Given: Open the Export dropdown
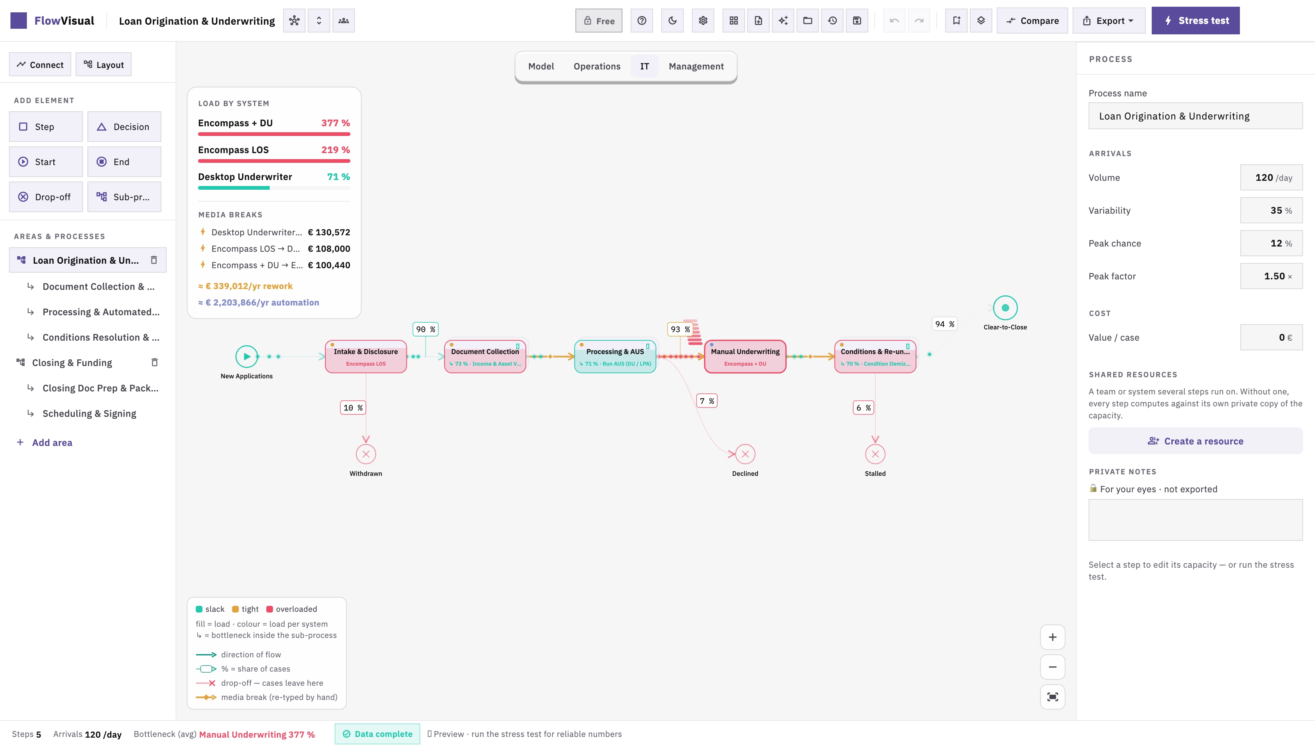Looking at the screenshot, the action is click(1108, 21).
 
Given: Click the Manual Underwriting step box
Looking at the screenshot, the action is click(745, 357).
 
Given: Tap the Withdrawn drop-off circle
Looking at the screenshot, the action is click(366, 454).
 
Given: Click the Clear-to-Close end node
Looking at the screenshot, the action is click(1005, 308).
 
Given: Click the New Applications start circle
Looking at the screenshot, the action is click(247, 357).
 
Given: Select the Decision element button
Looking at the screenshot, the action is click(124, 127).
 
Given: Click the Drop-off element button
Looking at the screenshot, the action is click(46, 197).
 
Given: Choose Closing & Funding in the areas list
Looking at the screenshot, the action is click(72, 363).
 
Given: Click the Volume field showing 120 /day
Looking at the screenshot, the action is click(1271, 177).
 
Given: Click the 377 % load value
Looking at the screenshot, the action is click(335, 123).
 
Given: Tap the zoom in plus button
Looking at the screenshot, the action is click(1052, 637).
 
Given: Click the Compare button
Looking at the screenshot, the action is click(1032, 21).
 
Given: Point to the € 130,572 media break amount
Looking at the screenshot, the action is click(329, 232).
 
